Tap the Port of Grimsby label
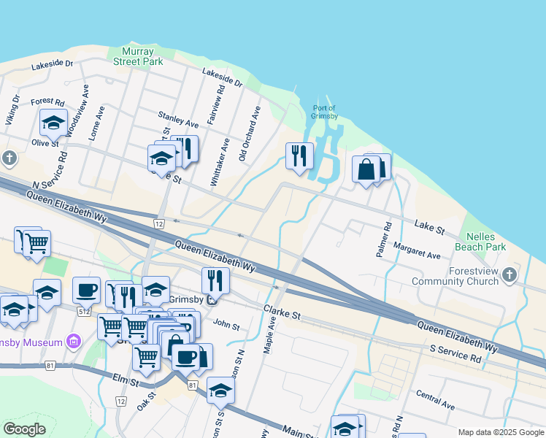pyautogui.click(x=324, y=112)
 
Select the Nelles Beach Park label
pyautogui.click(x=480, y=242)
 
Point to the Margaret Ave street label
pyautogui.click(x=417, y=251)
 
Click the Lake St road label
pyautogui.click(x=429, y=227)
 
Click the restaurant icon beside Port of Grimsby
pyautogui.click(x=299, y=155)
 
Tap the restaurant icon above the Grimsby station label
pyautogui.click(x=215, y=280)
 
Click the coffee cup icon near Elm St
pyautogui.click(x=185, y=357)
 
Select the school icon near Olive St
pyautogui.click(x=53, y=122)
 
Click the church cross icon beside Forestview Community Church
pyautogui.click(x=510, y=275)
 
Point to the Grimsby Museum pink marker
pyautogui.click(x=72, y=341)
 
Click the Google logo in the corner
pyautogui.click(x=24, y=429)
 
